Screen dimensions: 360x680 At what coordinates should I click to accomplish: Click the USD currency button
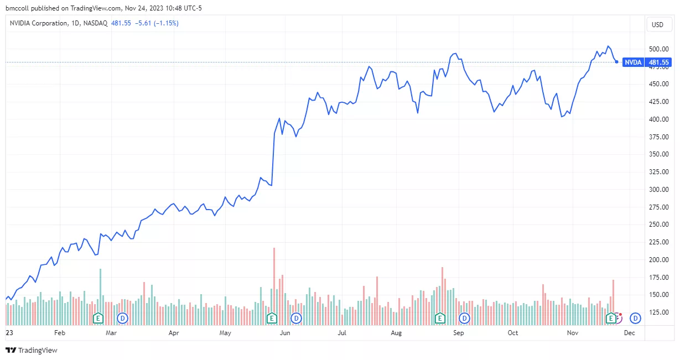[657, 24]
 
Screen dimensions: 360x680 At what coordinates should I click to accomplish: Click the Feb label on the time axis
[60, 333]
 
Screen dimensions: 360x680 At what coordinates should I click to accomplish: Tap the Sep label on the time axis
[458, 333]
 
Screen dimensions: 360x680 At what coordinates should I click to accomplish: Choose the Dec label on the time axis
[629, 333]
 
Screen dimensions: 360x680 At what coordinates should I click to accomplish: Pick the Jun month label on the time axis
[285, 333]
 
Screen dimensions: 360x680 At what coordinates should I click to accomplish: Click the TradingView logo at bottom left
[32, 350]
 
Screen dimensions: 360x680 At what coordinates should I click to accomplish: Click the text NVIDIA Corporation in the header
[37, 23]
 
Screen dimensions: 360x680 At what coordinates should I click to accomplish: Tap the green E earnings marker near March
[98, 318]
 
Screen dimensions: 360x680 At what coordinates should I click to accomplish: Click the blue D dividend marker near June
[296, 318]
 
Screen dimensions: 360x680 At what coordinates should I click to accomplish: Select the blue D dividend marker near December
[636, 318]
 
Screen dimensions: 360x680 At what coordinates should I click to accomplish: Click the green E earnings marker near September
[440, 318]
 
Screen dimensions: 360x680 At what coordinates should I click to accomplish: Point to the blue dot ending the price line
[617, 62]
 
